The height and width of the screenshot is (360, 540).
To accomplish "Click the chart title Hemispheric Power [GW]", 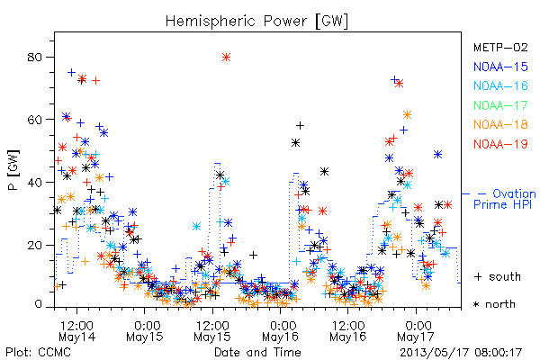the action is pyautogui.click(x=256, y=22).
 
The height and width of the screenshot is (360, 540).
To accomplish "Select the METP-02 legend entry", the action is pyautogui.click(x=500, y=47).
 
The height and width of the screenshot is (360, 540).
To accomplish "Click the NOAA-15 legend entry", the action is pyautogui.click(x=500, y=67).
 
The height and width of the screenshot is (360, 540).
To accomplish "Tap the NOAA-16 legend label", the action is pyautogui.click(x=500, y=85).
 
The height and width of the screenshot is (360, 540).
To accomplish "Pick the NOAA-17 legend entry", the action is pyautogui.click(x=500, y=105).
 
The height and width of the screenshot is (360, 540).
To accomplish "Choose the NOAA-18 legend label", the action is pyautogui.click(x=500, y=124).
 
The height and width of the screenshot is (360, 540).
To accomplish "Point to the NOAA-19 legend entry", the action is pyautogui.click(x=500, y=144).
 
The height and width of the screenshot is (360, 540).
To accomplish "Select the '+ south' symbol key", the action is pyautogui.click(x=498, y=276).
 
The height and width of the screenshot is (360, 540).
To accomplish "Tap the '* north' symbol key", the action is pyautogui.click(x=494, y=304).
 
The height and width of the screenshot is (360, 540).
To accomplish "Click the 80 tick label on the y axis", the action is pyautogui.click(x=35, y=57).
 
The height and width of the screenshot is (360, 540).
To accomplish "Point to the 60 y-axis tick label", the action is pyautogui.click(x=35, y=120).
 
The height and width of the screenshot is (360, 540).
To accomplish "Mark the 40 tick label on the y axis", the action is pyautogui.click(x=35, y=182).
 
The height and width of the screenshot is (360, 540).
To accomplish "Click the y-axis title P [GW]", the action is pyautogui.click(x=13, y=170).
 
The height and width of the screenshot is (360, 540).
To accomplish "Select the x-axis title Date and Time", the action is pyautogui.click(x=257, y=352).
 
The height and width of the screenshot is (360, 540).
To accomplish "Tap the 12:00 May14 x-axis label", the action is pyautogui.click(x=76, y=331).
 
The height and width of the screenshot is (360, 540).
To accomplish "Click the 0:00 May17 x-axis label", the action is pyautogui.click(x=416, y=331).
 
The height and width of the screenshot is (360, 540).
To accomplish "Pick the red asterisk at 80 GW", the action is pyautogui.click(x=226, y=58).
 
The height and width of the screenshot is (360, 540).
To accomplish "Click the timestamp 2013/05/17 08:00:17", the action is pyautogui.click(x=461, y=353).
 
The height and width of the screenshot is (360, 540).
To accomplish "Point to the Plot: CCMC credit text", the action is pyautogui.click(x=38, y=352).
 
